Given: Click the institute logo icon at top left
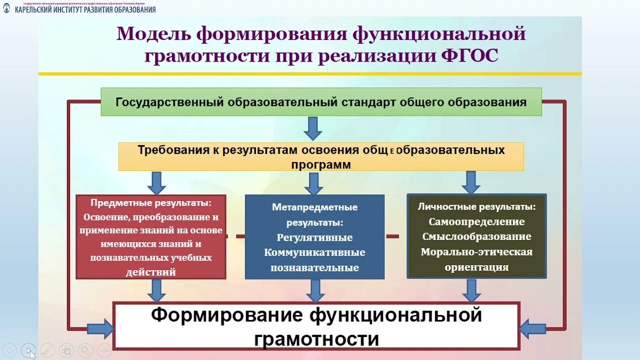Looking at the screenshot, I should click(6, 8).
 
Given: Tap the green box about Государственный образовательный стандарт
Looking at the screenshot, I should click(321, 102).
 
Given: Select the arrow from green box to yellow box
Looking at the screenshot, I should click(313, 128).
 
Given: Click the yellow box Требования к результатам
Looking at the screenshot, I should click(321, 156).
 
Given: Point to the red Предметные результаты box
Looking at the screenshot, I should click(151, 237).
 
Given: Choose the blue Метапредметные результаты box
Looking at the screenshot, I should click(314, 237).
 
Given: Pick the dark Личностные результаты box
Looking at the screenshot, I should click(476, 236).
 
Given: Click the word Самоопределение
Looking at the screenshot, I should click(476, 221).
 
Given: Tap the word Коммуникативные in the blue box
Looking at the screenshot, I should click(314, 252).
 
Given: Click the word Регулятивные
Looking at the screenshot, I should click(314, 237).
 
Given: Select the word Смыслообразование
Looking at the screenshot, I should click(476, 236).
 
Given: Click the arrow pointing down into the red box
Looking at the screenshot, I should click(156, 183).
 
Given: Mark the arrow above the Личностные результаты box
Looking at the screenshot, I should click(470, 182).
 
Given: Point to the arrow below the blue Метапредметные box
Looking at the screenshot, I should click(314, 290).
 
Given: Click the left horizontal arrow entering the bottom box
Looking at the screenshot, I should click(100, 328).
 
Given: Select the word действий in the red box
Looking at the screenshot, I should click(151, 272).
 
